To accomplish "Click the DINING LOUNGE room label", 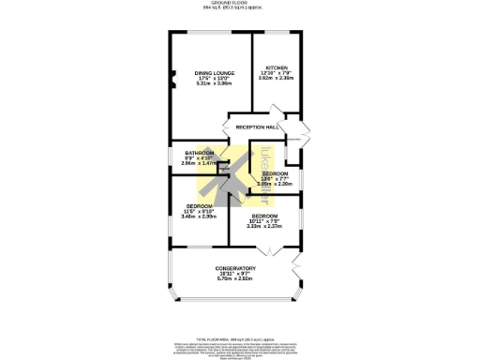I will point(214,73).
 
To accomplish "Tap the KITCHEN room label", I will point(276,68).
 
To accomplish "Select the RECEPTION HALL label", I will point(257,127).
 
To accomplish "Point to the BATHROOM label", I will point(199,153).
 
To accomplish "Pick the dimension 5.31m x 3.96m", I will point(214,84).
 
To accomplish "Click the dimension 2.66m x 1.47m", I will point(199,163).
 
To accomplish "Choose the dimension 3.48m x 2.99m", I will point(199,217).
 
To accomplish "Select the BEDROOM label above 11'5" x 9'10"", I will point(199,205).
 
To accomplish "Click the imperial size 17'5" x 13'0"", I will point(214,79).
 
